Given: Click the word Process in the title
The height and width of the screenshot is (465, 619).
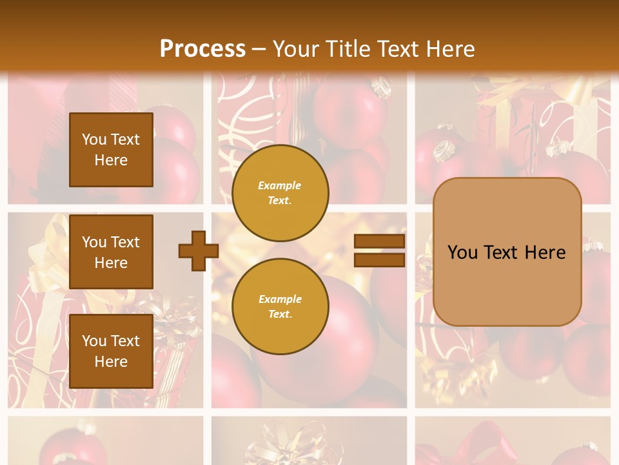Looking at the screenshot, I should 202,49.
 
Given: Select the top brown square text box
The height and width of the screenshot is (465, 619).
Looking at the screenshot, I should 111,150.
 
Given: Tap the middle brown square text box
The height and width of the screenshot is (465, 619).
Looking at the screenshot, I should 111,252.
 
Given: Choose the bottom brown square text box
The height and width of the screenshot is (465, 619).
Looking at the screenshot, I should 111,351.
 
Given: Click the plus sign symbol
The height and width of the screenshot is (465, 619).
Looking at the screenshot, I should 198,251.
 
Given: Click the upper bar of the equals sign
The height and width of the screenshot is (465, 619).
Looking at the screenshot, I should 379,242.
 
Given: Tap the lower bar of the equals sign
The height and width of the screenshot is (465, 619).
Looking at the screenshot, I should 379,260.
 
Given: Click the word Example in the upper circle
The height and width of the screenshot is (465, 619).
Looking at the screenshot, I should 280,185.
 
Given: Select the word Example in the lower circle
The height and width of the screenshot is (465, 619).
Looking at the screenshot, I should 280,299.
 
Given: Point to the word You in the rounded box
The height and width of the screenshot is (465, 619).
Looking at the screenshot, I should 463,253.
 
